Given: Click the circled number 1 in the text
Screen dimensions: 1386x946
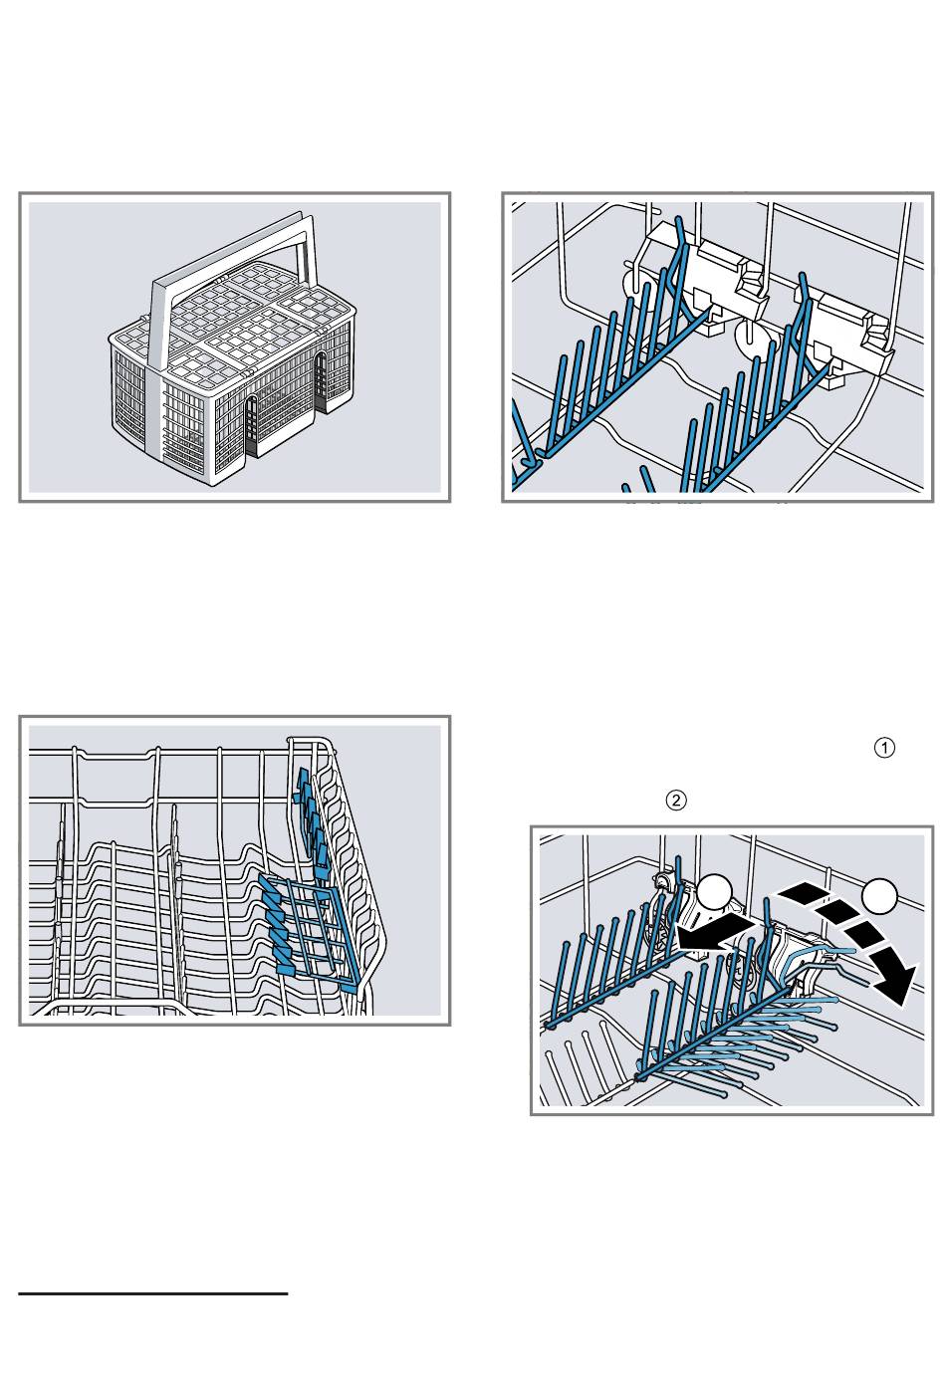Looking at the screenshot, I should point(884,748).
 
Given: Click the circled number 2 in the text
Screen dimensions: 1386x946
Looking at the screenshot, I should point(676,800).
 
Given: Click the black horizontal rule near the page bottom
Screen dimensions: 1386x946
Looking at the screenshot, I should point(153,1294).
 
